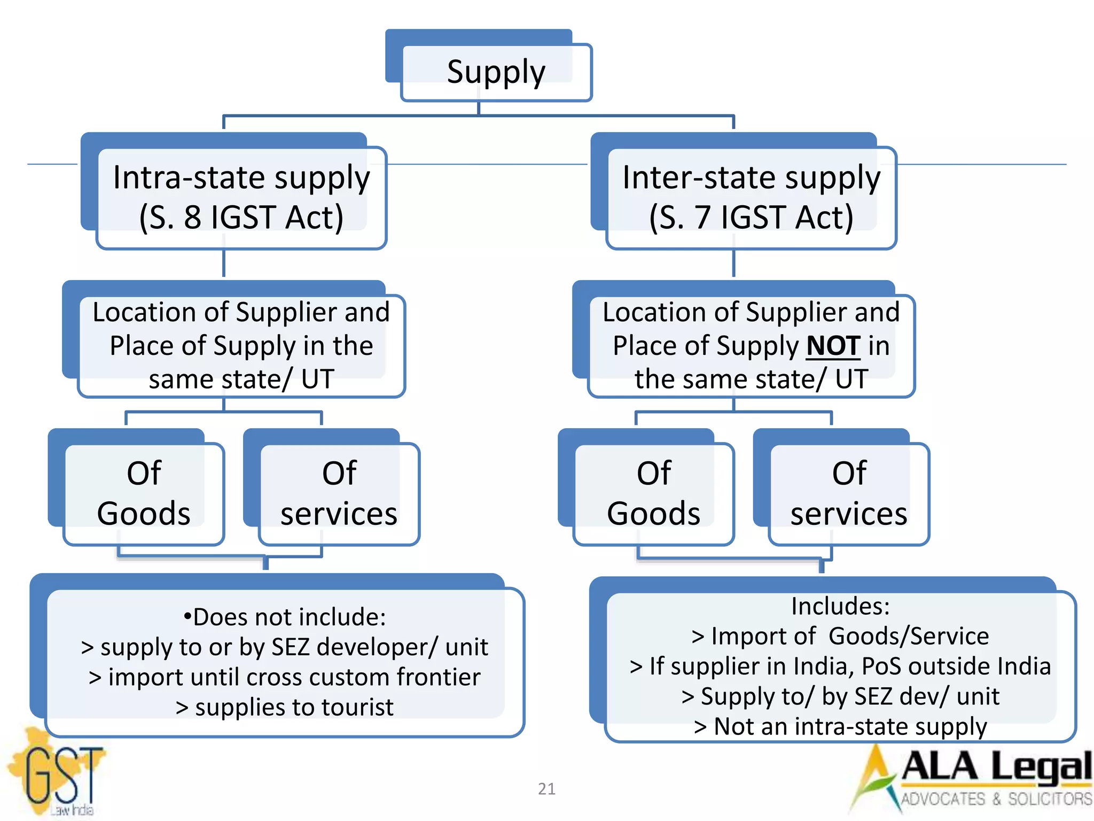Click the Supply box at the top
pos(496,72)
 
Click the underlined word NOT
pos(833,346)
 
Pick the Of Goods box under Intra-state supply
pos(144,493)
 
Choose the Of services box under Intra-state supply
pos(339,493)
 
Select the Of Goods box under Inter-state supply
pos(654,493)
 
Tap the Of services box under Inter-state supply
pos(849,493)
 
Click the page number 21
pos(546,788)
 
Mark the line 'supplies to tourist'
pos(285,707)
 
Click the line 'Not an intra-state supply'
pos(841,726)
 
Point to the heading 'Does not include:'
pos(285,617)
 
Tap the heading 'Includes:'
pos(841,606)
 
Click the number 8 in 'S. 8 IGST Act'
pos(192,218)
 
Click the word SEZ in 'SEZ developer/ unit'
pos(291,647)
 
